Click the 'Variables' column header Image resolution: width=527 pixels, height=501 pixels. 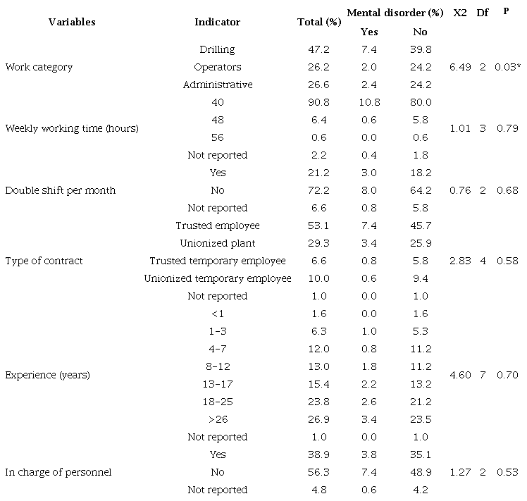click(x=72, y=22)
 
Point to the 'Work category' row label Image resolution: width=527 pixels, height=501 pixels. click(x=39, y=68)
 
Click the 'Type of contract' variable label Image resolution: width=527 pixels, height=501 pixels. click(x=44, y=261)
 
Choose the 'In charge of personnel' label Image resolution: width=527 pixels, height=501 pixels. click(x=58, y=472)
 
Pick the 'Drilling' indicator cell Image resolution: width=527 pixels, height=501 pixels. click(x=217, y=50)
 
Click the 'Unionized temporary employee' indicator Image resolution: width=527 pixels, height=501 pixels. click(x=217, y=278)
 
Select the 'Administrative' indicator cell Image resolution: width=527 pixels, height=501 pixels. click(x=217, y=85)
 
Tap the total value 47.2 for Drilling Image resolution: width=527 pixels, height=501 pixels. click(x=319, y=50)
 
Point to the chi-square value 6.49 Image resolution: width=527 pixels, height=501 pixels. click(x=459, y=68)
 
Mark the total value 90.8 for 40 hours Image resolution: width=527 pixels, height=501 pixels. click(x=319, y=102)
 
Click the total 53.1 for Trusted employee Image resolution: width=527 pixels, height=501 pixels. click(x=319, y=225)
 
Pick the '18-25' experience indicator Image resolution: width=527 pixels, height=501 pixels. click(x=217, y=402)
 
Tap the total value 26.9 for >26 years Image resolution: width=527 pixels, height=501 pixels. click(x=319, y=419)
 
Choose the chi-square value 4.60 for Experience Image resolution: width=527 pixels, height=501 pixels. click(x=459, y=375)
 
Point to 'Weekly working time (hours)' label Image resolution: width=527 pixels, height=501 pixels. click(x=71, y=128)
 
